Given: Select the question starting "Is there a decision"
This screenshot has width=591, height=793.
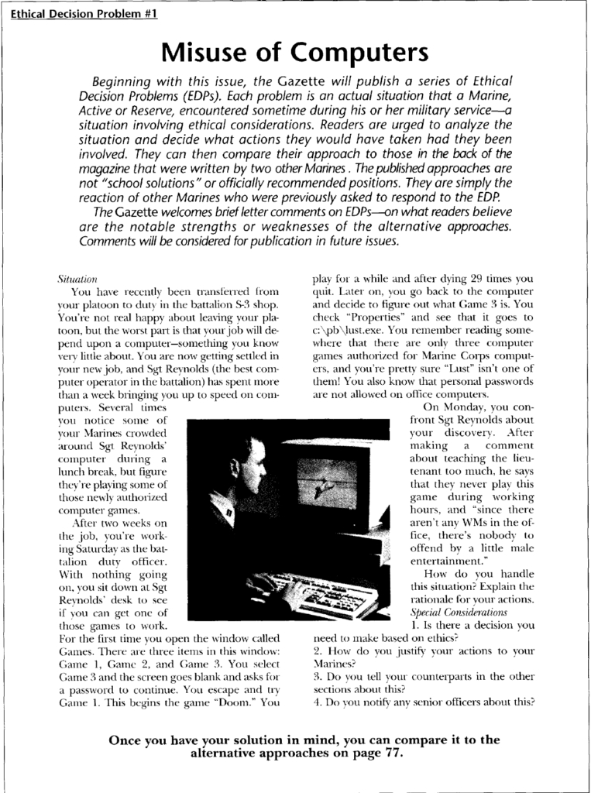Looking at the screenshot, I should coord(472,624).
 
